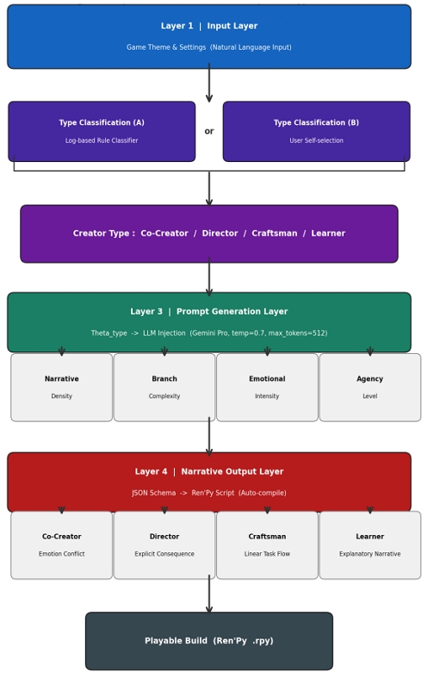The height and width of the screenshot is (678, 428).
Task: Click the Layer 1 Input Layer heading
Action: (x=209, y=26)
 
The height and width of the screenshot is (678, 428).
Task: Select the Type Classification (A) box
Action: (x=102, y=132)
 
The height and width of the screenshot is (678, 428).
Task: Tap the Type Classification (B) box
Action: (x=316, y=132)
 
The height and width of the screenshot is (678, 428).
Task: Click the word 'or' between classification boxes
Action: (x=209, y=131)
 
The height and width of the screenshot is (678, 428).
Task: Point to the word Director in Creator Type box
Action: (x=220, y=233)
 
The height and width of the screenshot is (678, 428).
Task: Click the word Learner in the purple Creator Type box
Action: (x=328, y=233)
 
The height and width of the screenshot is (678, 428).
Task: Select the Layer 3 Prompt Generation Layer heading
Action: (x=209, y=311)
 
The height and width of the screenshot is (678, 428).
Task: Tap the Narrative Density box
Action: (x=61, y=388)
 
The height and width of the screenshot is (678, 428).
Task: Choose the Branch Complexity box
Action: (x=164, y=388)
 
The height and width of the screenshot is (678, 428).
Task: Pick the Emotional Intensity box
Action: (x=267, y=388)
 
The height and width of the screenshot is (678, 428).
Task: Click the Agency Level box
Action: (x=370, y=388)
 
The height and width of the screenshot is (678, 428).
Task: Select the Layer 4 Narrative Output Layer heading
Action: (x=209, y=471)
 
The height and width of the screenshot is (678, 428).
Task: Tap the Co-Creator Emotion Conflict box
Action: (x=61, y=545)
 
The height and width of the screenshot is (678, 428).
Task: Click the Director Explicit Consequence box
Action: (x=164, y=545)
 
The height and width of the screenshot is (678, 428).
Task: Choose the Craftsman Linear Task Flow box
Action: (x=267, y=545)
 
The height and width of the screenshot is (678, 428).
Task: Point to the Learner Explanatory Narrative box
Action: (x=370, y=545)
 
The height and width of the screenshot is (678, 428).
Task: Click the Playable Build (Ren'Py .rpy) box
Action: (x=209, y=641)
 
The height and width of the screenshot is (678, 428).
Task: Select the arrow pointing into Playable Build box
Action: (x=209, y=594)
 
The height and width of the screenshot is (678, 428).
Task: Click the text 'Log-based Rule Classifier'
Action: (x=102, y=140)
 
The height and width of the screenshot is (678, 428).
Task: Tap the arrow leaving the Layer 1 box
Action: (x=209, y=83)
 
